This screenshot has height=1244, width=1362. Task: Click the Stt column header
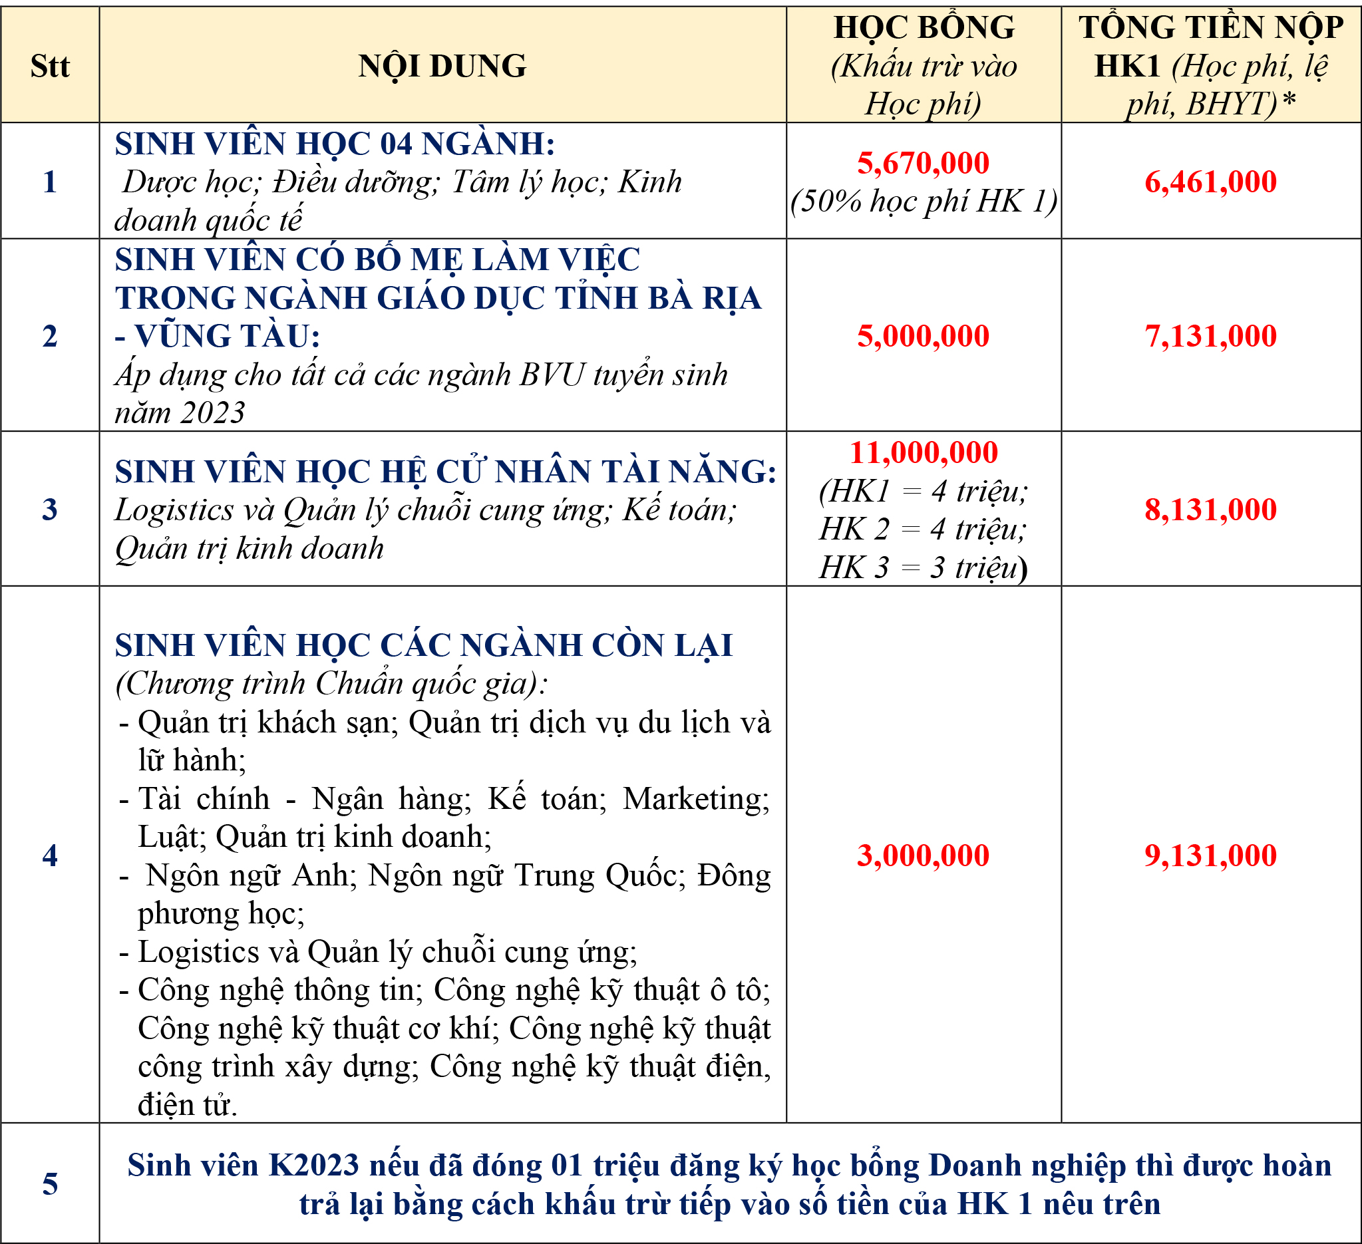coord(50,66)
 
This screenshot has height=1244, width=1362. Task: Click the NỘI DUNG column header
coord(442,66)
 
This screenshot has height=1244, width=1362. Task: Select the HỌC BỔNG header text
coord(924,29)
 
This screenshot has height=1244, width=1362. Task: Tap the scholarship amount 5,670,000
coord(923,163)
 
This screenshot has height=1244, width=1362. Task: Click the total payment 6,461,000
coord(1210,182)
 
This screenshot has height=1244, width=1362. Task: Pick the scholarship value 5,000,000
coord(923,336)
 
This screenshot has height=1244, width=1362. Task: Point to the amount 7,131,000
coord(1210,336)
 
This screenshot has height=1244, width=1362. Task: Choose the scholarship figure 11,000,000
coord(923,452)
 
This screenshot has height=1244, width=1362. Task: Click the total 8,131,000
coord(1210,509)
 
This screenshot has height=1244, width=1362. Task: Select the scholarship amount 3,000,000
coord(923,855)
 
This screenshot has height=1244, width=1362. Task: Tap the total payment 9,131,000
coord(1210,855)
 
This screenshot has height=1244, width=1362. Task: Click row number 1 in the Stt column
coord(50,182)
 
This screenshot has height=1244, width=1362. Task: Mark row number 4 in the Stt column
coord(50,855)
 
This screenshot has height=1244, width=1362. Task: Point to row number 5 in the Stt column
coord(50,1184)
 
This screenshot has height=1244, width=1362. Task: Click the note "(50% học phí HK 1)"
coord(924,202)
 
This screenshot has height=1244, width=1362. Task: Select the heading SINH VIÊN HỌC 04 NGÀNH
coord(335,144)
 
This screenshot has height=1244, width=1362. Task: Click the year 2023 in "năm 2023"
coord(212,412)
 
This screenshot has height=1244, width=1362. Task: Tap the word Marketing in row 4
coord(695,799)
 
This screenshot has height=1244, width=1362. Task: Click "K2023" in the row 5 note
coord(314,1165)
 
